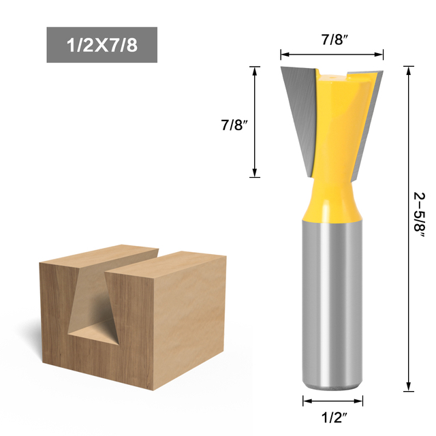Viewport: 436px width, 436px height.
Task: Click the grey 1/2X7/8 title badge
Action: click(x=102, y=45)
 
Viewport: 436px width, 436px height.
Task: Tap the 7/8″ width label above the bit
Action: click(x=332, y=40)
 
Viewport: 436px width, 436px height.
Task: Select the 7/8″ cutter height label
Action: click(x=232, y=125)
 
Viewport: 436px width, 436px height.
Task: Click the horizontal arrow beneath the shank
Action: click(x=332, y=400)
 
